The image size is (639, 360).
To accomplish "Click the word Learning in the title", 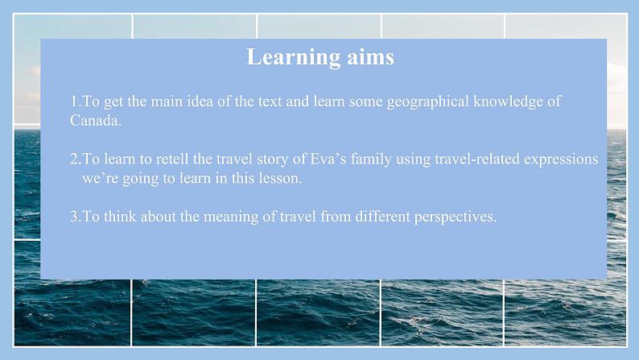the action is (x=293, y=57).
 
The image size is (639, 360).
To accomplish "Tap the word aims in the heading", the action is (x=370, y=57).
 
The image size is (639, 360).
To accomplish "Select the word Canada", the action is (x=96, y=120).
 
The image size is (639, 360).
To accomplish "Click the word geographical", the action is (x=428, y=101).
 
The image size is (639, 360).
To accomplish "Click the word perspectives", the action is (x=456, y=217).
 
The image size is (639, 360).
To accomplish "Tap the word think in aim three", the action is (x=120, y=217).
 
